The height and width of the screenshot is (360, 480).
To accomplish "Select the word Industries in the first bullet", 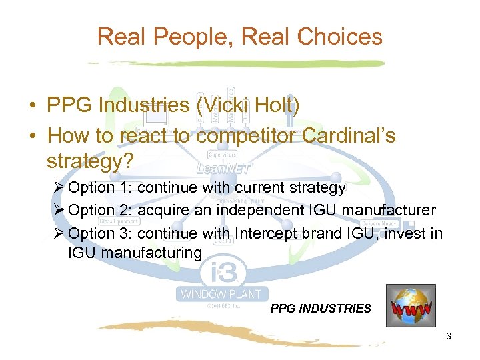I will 143,105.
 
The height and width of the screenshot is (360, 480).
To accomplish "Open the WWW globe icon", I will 410,305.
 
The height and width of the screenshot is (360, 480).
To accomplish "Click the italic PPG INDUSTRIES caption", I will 321,309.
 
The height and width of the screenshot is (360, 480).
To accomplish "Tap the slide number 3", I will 449,336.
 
